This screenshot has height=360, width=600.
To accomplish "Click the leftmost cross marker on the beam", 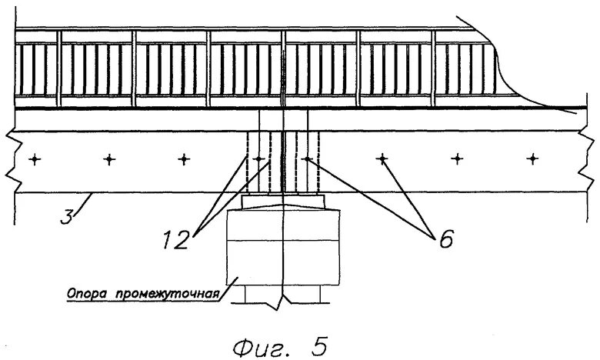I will coord(34,159).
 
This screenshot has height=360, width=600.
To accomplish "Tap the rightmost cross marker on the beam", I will coord(532,159).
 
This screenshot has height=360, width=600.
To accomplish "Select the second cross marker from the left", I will coord(108,159).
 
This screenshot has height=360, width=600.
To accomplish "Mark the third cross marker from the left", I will coord(183,159).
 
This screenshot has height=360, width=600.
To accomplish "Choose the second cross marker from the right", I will coord(457,159).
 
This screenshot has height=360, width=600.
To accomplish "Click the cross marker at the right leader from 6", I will coord(382,159).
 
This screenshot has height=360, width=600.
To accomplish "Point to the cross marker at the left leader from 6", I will coord(307,159).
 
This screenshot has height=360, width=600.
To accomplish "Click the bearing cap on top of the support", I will coord(283,201).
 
